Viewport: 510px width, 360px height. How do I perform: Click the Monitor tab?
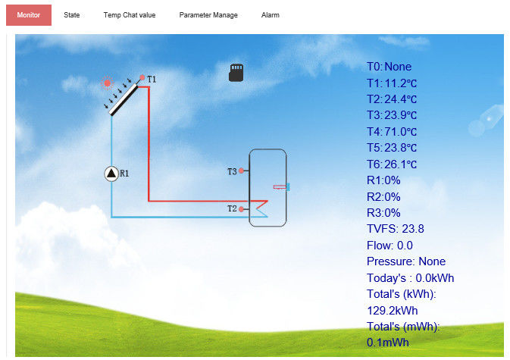click(29, 15)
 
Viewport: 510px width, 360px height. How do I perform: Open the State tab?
click(71, 15)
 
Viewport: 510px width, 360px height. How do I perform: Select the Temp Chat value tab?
click(130, 15)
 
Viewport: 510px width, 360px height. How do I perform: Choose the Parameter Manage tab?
click(208, 15)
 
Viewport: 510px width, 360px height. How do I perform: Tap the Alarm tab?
click(271, 15)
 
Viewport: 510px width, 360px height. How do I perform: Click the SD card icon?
click(236, 73)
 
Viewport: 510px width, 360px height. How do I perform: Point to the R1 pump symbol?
click(111, 174)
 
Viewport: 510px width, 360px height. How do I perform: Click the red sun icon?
click(107, 83)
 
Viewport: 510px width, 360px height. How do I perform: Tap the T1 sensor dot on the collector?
click(142, 77)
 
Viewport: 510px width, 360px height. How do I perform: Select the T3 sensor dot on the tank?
click(241, 171)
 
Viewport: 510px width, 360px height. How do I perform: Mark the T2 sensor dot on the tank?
click(241, 209)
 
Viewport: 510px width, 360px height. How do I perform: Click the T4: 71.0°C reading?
click(392, 132)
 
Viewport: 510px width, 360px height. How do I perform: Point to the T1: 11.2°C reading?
click(392, 83)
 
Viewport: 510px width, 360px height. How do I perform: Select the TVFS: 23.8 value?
click(395, 229)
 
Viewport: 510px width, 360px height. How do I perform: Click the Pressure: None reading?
click(406, 261)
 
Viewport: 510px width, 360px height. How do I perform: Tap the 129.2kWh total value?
click(393, 311)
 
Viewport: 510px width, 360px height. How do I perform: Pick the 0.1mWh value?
click(388, 343)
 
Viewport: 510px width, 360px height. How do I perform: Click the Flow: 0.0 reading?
click(390, 246)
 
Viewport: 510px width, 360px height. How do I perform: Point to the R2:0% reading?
click(383, 197)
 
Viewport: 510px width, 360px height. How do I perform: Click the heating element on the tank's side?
click(282, 187)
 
